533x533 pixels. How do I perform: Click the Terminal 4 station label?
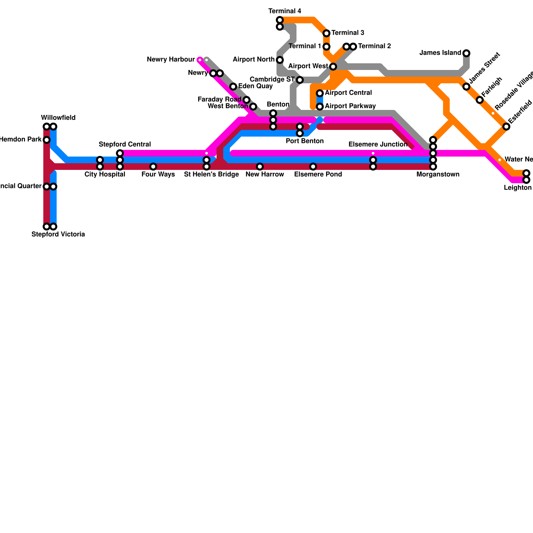(284, 11)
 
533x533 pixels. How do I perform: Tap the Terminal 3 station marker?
(326, 33)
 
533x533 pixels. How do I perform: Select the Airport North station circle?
(280, 60)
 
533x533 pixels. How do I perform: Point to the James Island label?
(440, 53)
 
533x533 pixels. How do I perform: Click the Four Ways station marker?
(153, 167)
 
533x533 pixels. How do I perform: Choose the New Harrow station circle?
(260, 167)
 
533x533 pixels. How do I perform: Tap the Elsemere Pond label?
(318, 175)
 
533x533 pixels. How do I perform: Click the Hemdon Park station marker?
(47, 140)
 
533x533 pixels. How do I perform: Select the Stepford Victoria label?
(58, 235)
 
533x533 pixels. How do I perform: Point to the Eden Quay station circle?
(233, 87)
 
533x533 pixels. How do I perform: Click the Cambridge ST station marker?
(300, 80)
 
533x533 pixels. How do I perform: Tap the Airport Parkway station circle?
(320, 107)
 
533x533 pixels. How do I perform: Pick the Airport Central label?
(348, 93)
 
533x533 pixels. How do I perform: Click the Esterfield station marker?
(506, 127)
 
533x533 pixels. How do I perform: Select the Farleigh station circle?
(480, 100)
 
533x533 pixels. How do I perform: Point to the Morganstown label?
(438, 175)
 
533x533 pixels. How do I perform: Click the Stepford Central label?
(125, 145)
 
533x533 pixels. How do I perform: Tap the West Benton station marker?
(253, 107)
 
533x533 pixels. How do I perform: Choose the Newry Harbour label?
(171, 60)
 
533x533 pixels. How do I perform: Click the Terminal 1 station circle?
(326, 47)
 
